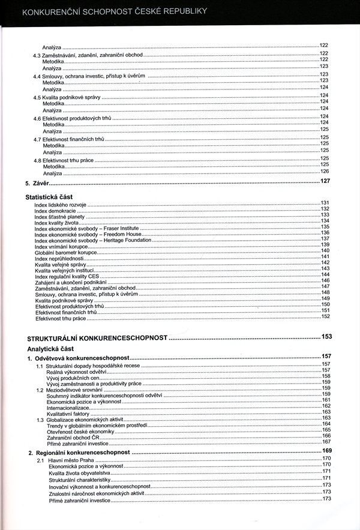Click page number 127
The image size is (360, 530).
pos(325,181)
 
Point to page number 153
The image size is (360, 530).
pos(326,337)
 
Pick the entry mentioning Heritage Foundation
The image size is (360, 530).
pos(88,239)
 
